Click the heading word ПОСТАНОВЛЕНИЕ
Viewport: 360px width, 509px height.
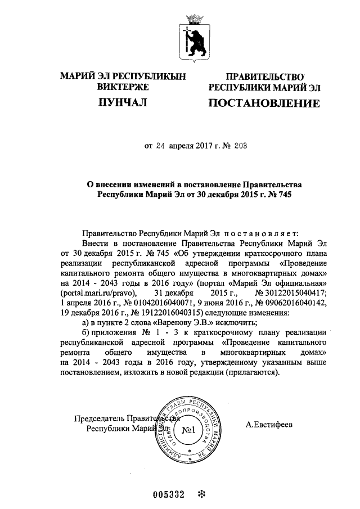[264, 103]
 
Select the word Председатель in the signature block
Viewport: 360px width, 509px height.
[99, 417]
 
